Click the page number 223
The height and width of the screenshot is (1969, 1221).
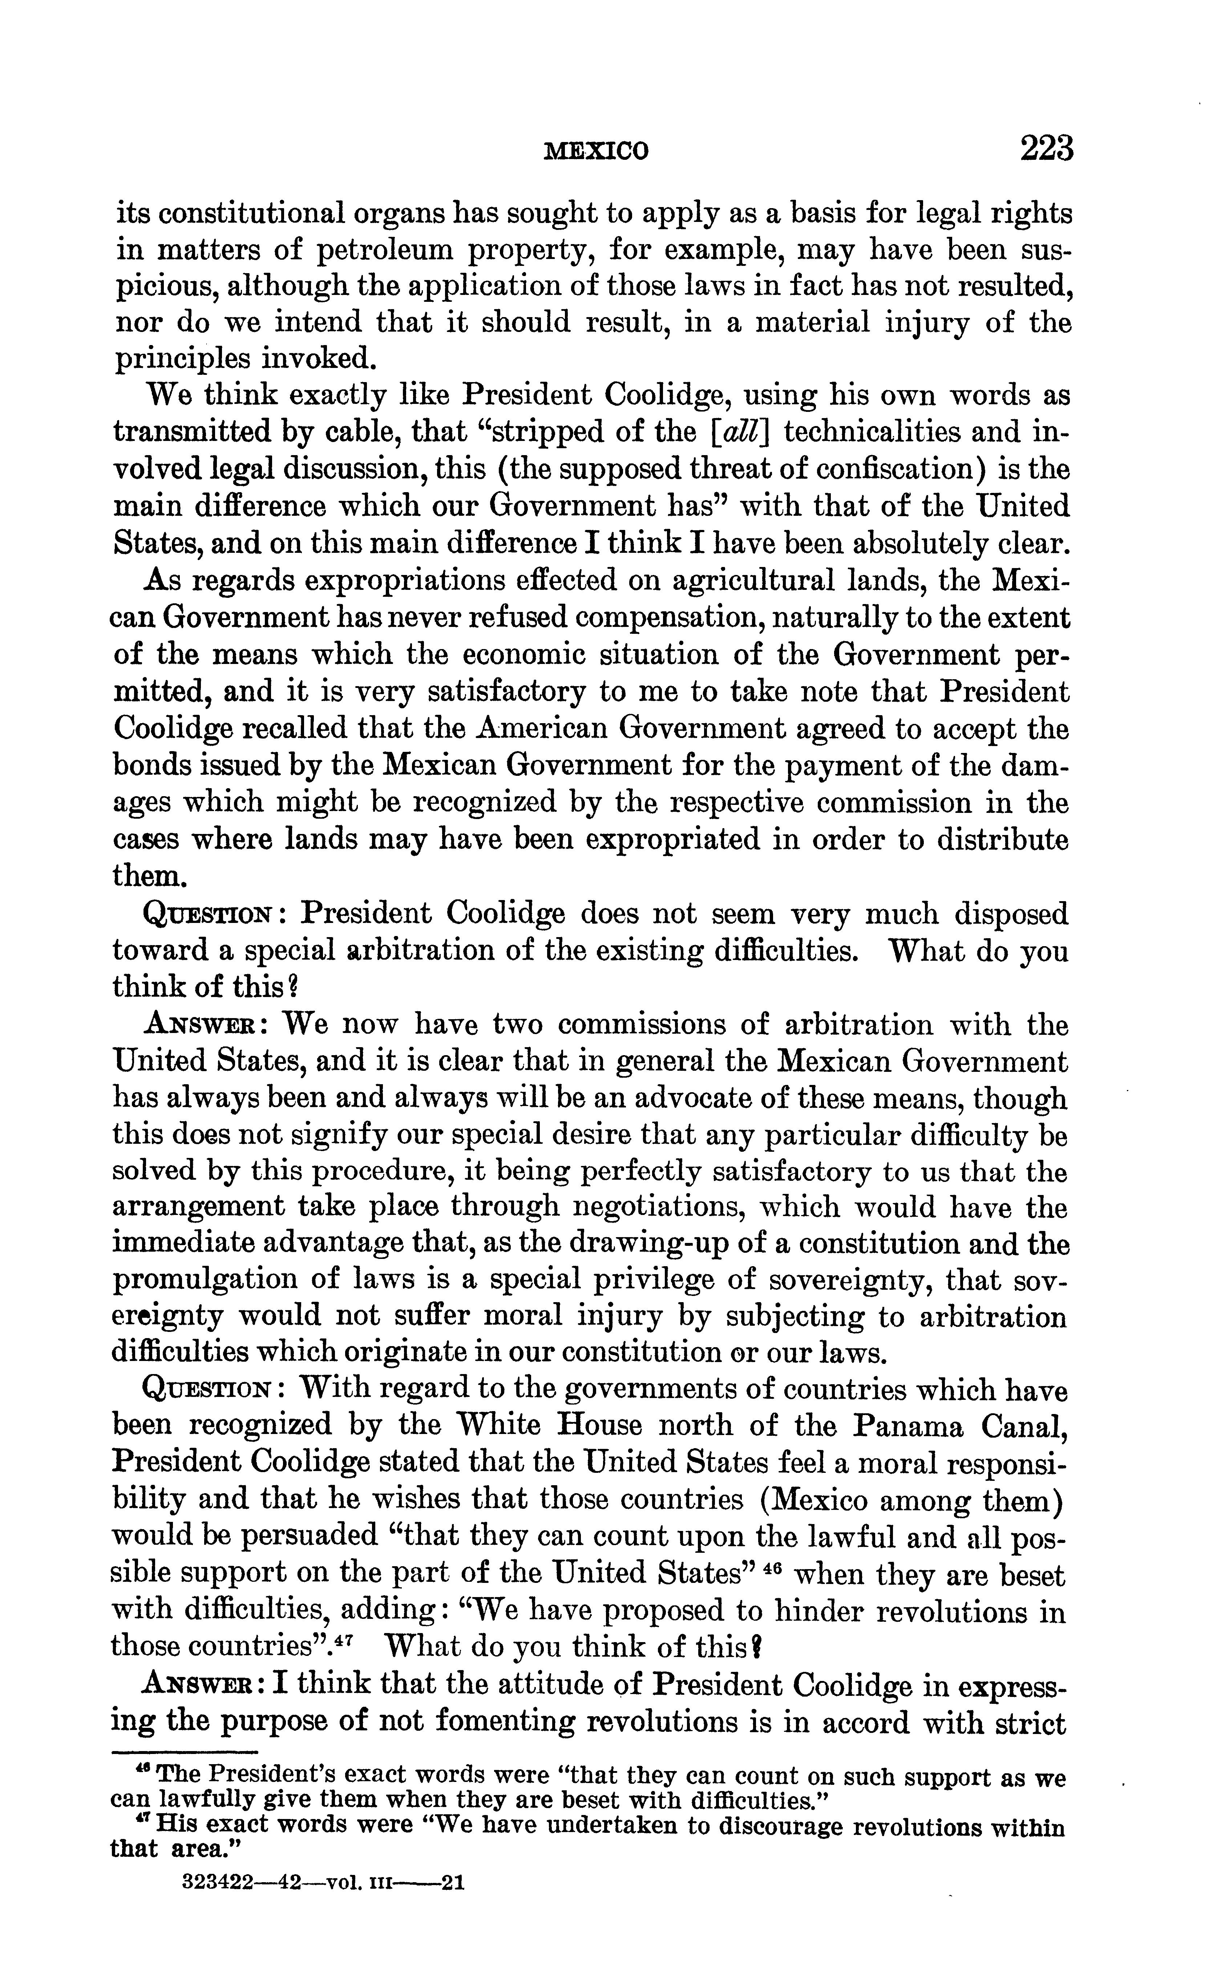(x=1047, y=149)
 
